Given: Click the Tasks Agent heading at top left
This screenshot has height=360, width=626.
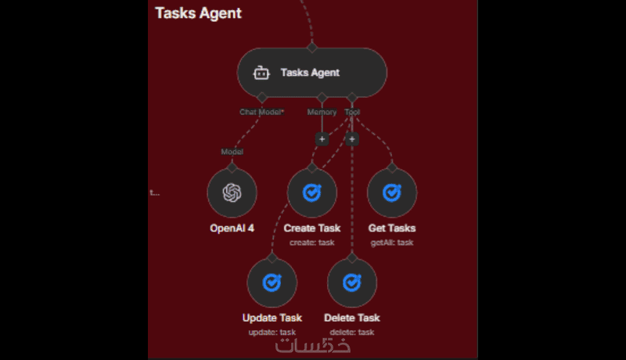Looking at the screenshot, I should tap(198, 13).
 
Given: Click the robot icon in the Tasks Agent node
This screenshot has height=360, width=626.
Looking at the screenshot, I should tap(261, 73).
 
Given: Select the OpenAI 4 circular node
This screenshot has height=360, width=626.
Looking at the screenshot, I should tap(232, 193).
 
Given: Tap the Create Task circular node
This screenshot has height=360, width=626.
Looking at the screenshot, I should tap(311, 193).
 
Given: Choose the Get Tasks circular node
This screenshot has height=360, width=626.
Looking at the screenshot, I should tap(391, 193).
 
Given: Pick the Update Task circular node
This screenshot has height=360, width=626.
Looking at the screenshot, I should tap(272, 283).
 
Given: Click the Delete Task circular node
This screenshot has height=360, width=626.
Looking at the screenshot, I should tap(351, 283).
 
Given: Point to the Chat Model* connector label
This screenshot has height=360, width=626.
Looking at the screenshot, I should tap(261, 112).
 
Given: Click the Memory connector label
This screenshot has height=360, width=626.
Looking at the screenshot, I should tap(322, 112).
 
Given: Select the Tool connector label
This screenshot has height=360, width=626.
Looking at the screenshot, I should tap(352, 112).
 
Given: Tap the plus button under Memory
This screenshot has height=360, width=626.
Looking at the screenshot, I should tap(322, 139).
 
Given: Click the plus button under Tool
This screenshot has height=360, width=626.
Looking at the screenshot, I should tap(352, 139).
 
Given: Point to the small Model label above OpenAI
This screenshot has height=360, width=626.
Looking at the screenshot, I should tap(232, 151).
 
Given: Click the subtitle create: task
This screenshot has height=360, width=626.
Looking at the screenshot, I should tap(311, 242).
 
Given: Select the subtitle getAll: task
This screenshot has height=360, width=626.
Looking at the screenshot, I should tap(391, 242).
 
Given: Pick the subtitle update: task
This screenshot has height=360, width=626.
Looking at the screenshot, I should tap(272, 332).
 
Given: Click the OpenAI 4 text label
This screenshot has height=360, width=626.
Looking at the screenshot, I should tap(232, 229).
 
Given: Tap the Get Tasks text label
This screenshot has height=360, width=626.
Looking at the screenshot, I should tap(391, 229).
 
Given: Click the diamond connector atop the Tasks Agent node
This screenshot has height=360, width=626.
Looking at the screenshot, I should tap(311, 48).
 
